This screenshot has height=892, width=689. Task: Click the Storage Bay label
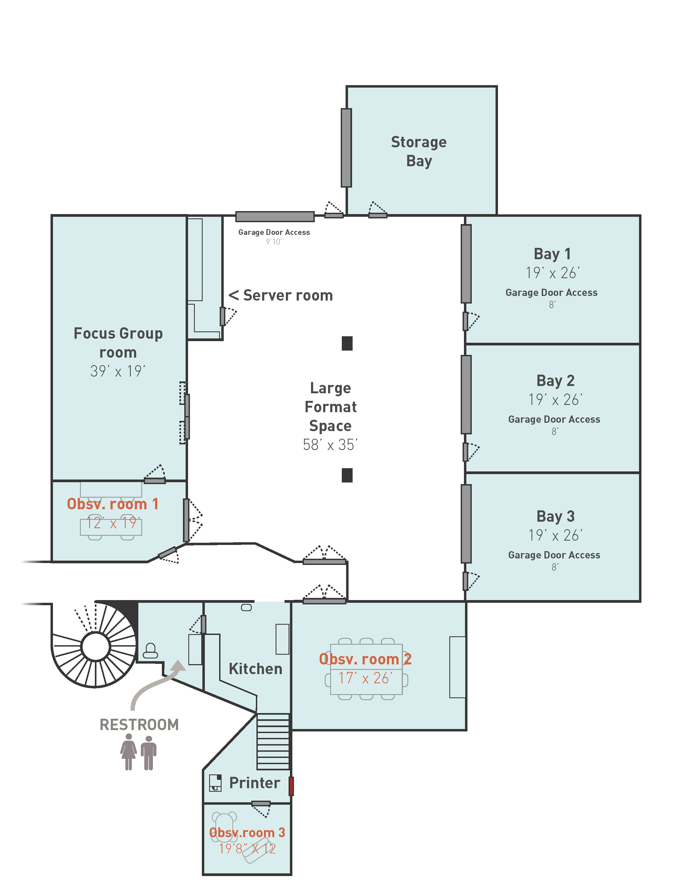[419, 151]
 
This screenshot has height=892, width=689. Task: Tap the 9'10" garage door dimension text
[274, 242]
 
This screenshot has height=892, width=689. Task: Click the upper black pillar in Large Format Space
[347, 344]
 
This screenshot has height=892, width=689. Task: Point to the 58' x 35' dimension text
[330, 445]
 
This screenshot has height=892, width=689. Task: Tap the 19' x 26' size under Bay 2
[555, 400]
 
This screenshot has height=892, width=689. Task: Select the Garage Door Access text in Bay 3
[554, 555]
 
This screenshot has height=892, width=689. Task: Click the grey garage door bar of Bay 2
[466, 395]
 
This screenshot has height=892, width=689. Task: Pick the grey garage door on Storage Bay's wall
[346, 148]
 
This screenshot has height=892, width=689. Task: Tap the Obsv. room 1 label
[112, 504]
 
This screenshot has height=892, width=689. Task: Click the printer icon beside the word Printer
[215, 783]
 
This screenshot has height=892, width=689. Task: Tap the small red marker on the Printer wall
[291, 786]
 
